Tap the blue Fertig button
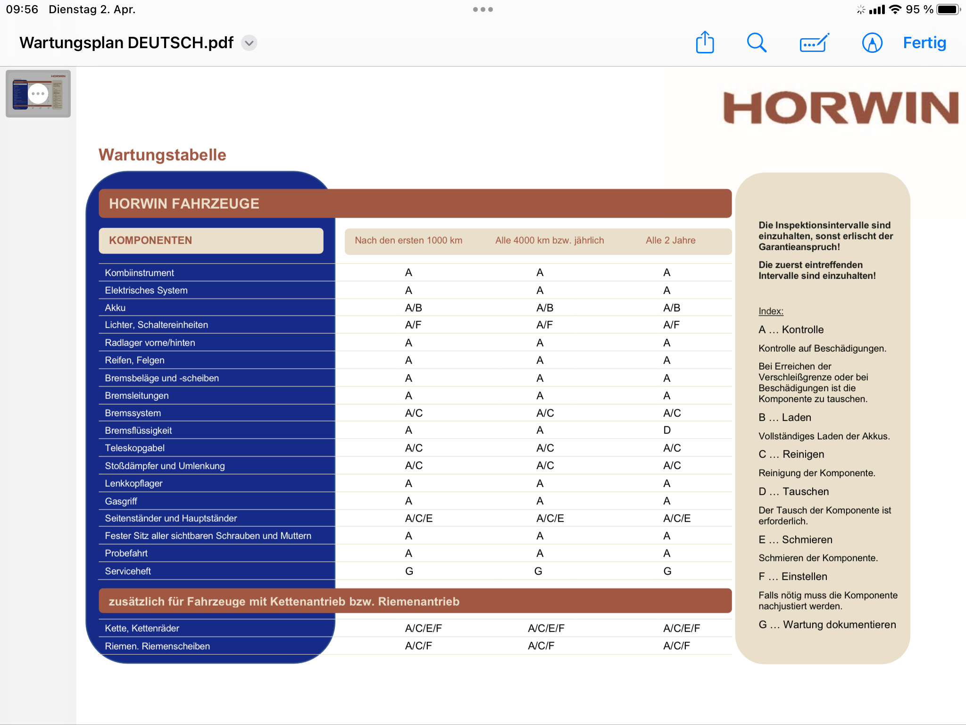(924, 43)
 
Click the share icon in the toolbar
(705, 42)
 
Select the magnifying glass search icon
(756, 42)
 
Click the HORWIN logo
(841, 108)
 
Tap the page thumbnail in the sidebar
(38, 93)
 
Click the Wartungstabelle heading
(162, 155)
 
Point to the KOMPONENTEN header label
(150, 240)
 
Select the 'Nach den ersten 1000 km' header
(408, 240)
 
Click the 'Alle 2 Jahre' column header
(670, 240)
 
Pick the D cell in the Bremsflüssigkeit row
(666, 430)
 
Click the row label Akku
(115, 308)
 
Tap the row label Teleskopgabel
(134, 448)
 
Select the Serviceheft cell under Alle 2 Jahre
(667, 571)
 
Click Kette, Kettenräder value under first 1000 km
(423, 628)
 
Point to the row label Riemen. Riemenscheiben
(157, 646)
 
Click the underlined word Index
(771, 311)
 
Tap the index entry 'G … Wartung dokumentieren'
(827, 624)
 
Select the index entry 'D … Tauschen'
(793, 491)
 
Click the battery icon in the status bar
(948, 9)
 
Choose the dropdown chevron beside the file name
(249, 43)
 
